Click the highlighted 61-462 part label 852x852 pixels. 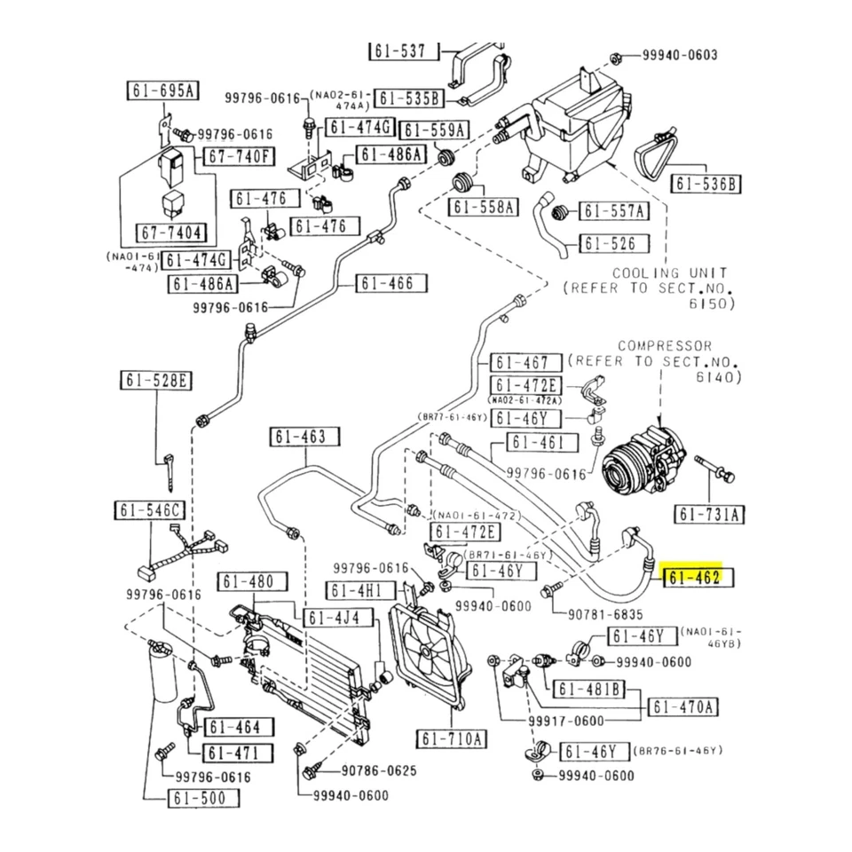pos(696,579)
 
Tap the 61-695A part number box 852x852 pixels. pos(163,91)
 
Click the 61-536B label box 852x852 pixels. pos(706,184)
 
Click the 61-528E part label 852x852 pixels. pos(156,382)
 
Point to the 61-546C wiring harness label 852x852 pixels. pos(150,510)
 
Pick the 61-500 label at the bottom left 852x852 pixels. pos(203,798)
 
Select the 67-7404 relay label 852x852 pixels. pos(170,234)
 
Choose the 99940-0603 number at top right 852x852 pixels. pos(680,55)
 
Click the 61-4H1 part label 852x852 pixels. pos(358,591)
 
